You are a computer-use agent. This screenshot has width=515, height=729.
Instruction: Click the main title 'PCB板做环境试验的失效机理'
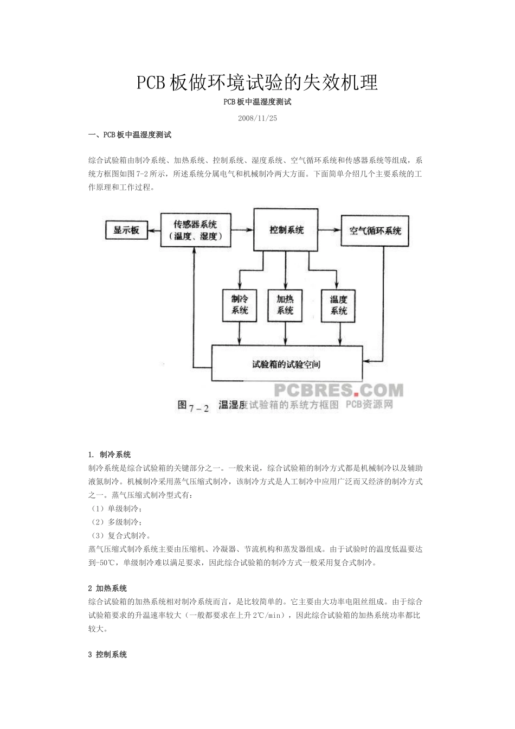(257, 82)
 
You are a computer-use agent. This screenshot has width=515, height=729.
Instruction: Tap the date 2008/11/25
(257, 118)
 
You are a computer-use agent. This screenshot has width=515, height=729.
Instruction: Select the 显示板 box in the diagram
(126, 231)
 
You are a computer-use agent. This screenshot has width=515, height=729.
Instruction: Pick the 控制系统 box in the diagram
(286, 230)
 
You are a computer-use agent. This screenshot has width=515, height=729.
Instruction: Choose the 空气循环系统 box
(375, 231)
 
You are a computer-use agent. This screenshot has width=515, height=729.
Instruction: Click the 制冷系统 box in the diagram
(240, 305)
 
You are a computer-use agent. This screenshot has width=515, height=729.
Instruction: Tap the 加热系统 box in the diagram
(285, 305)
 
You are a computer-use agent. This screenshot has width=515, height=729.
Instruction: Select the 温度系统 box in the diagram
(338, 305)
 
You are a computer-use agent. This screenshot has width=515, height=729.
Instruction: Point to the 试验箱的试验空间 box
(286, 364)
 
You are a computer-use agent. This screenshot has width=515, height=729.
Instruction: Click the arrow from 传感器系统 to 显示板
(154, 231)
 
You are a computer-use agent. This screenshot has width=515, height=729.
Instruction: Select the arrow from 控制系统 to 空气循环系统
(329, 231)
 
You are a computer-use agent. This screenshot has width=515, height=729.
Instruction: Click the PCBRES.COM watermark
(338, 390)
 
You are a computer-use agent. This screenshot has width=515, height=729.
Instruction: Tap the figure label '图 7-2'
(193, 406)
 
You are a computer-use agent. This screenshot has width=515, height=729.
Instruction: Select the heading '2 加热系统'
(107, 588)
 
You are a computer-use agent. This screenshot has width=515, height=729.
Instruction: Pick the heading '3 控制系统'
(107, 655)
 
